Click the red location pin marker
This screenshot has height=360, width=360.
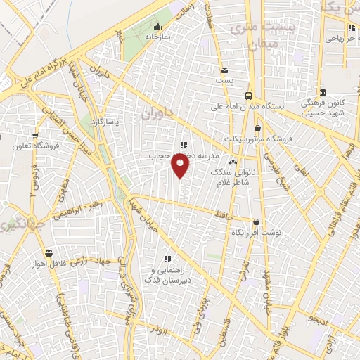tap(181, 167)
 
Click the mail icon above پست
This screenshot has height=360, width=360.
tap(224, 70)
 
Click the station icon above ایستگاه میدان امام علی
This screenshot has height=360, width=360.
tap(248, 95)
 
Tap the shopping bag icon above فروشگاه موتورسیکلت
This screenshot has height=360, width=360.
tap(257, 128)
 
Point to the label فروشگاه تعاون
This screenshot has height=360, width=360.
tap(35, 146)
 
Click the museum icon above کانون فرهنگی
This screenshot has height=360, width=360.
tap(323, 92)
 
